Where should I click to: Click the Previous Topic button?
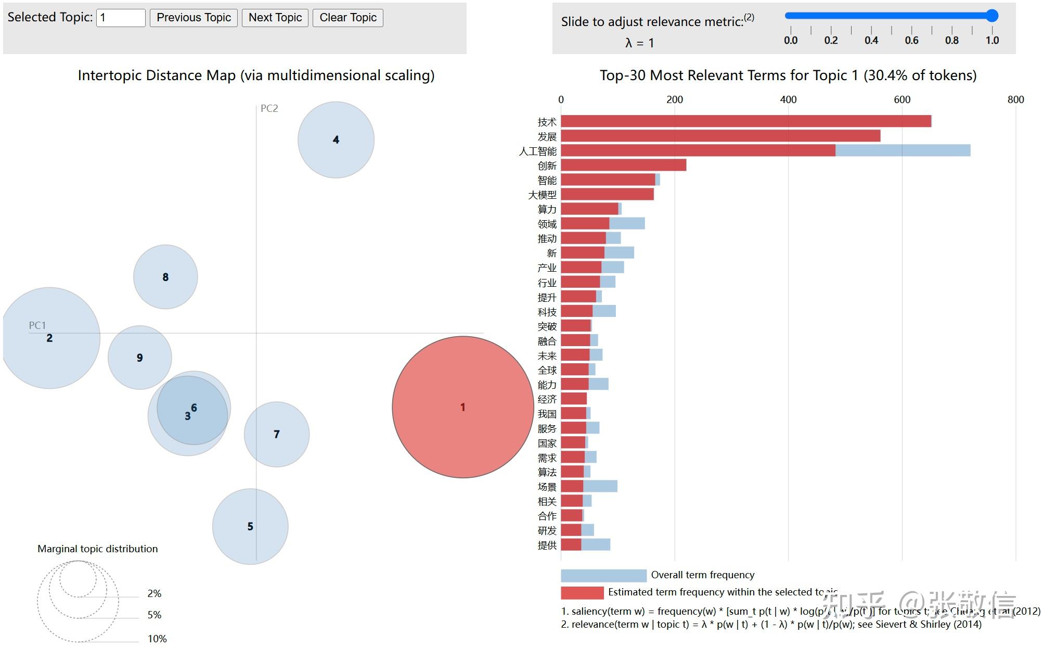point(194,18)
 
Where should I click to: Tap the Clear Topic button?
point(347,18)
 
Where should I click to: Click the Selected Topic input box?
point(121,18)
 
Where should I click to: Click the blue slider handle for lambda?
point(992,16)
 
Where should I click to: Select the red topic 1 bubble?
point(462,407)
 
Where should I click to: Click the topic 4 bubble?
point(336,139)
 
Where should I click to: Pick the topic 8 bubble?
point(165,277)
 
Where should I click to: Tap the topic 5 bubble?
point(250,526)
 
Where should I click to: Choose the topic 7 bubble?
point(277,434)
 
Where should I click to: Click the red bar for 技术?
point(745,121)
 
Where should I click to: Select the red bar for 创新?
point(623,165)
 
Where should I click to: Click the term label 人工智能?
point(537,151)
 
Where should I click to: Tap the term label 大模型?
point(542,195)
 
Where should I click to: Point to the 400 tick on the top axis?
point(788,99)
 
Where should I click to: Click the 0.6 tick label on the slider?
point(911,40)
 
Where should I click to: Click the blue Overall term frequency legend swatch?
point(603,575)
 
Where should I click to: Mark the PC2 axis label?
point(269,108)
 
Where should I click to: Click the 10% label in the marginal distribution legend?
point(157,639)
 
